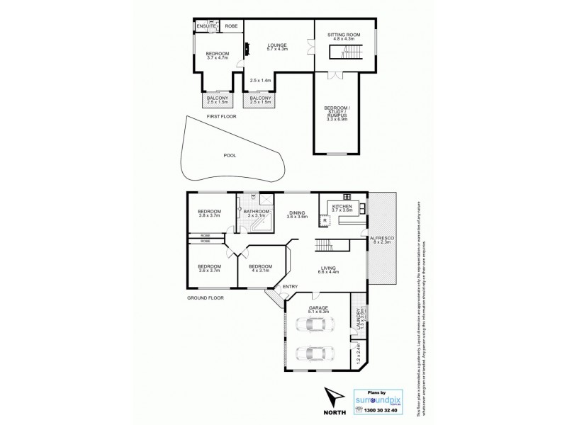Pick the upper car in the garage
point(312,327)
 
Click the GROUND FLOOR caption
point(205,298)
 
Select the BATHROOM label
point(256,211)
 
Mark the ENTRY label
point(290,285)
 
